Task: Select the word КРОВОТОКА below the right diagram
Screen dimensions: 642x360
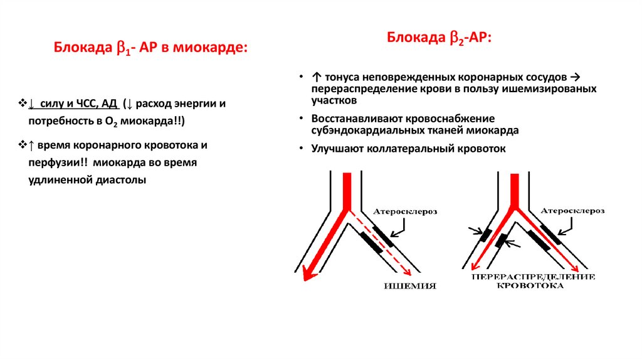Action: (530, 286)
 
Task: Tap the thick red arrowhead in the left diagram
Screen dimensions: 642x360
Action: (308, 273)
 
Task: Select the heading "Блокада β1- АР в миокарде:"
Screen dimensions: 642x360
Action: (150, 48)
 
